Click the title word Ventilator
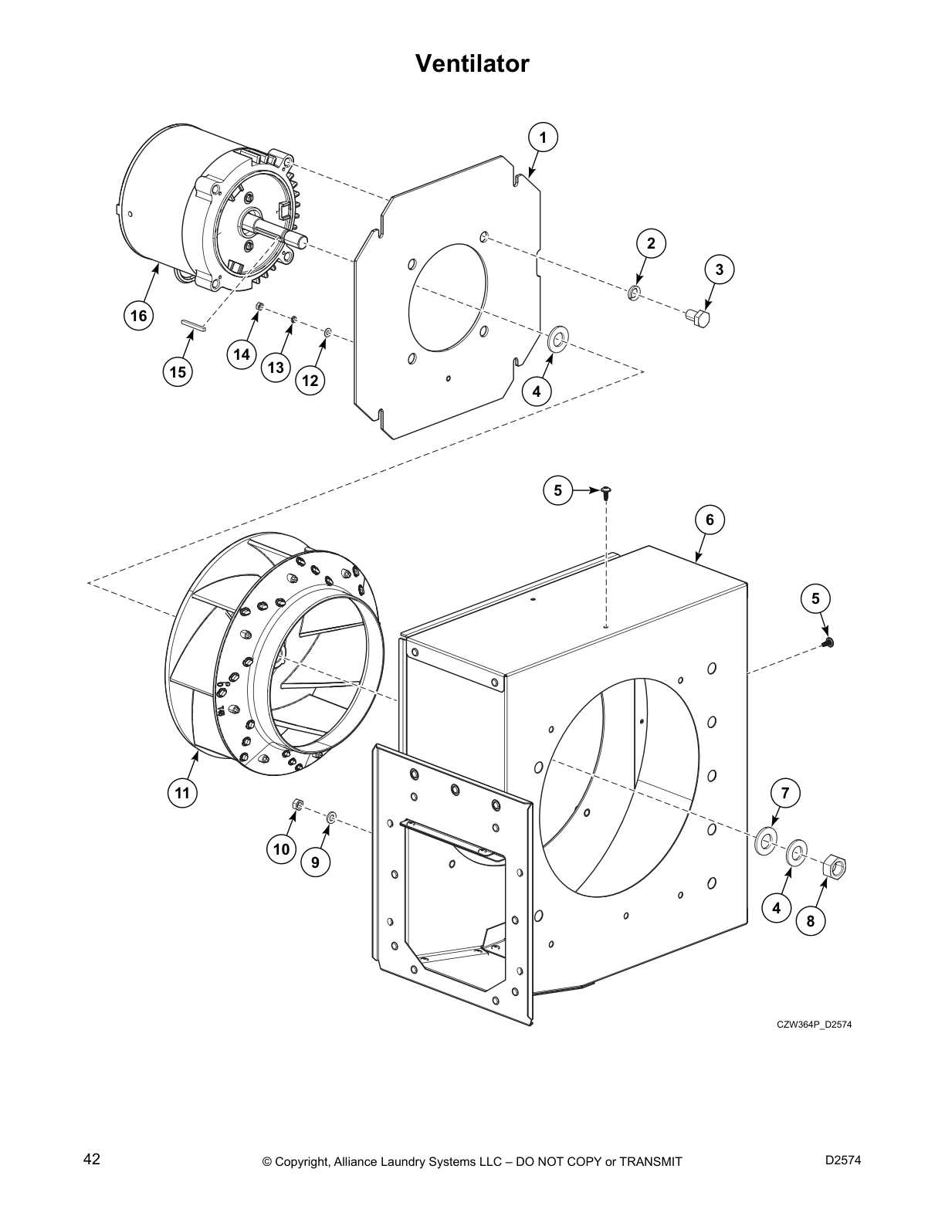(x=472, y=63)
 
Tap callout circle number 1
(x=543, y=137)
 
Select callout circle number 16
(x=138, y=316)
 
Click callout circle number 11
(x=181, y=793)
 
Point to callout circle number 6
(x=710, y=520)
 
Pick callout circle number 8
(x=810, y=920)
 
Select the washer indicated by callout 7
(x=765, y=841)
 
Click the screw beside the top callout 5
(x=605, y=492)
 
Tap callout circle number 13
(x=276, y=368)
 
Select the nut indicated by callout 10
(x=296, y=806)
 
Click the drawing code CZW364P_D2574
(x=814, y=1025)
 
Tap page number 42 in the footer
(x=91, y=1159)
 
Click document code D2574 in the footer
(x=842, y=1159)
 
